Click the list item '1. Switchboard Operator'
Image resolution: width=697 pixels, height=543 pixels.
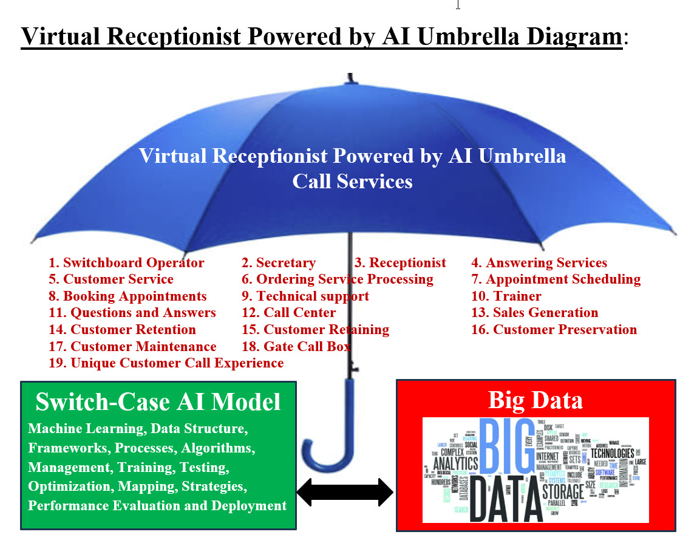(126, 263)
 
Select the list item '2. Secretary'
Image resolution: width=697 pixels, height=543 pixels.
(279, 263)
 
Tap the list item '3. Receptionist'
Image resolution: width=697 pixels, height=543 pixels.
(400, 263)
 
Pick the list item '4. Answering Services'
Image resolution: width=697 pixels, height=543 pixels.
(539, 263)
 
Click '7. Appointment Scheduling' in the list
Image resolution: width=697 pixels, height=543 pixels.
(556, 279)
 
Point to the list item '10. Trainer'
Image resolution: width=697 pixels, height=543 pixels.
(506, 296)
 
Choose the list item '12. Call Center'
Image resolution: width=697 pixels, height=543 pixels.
(289, 313)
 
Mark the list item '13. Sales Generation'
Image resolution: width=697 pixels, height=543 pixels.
(535, 313)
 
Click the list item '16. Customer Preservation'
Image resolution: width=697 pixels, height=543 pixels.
(554, 330)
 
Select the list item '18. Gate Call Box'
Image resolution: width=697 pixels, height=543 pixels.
(296, 346)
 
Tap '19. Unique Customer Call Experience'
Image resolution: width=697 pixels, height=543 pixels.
(166, 363)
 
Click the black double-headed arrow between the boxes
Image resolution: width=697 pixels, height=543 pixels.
(345, 492)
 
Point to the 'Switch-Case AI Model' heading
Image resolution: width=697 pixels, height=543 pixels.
(158, 402)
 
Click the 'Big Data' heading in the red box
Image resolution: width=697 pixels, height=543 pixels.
(535, 400)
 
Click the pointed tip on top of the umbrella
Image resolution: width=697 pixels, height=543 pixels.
(350, 78)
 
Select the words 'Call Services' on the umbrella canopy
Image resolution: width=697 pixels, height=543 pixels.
(352, 182)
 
